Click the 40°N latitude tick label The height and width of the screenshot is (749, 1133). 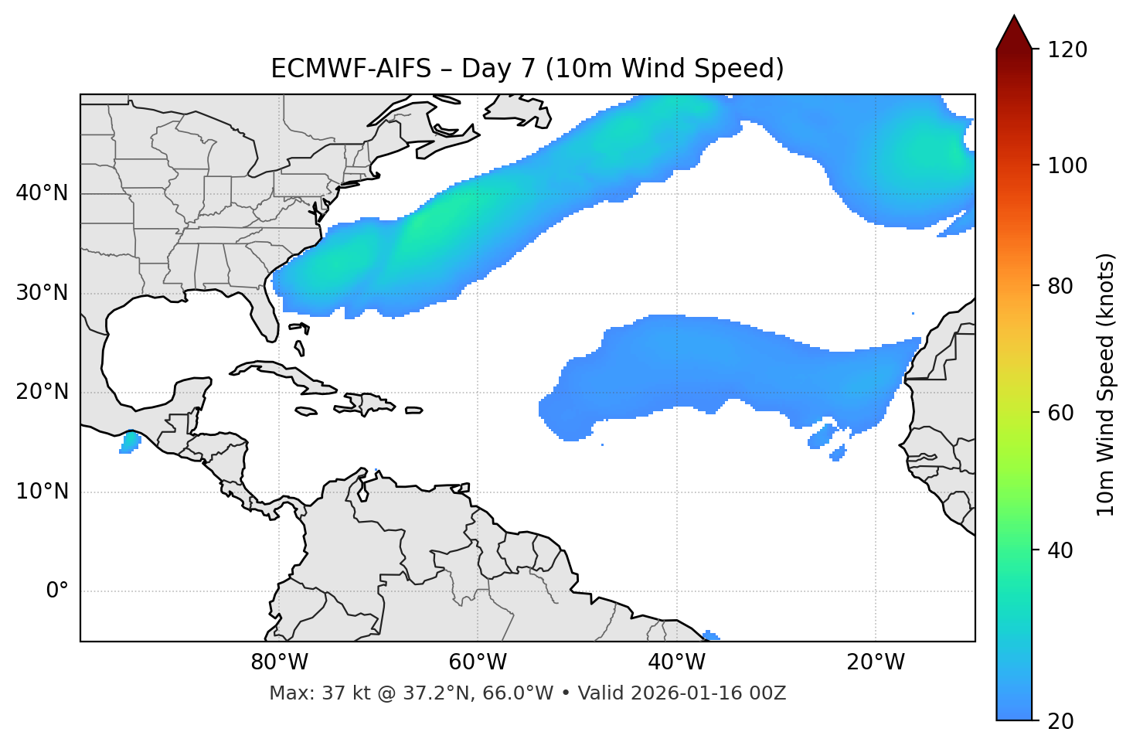(x=42, y=193)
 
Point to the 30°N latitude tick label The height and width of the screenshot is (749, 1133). (x=42, y=293)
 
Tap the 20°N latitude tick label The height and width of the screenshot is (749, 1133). (x=42, y=392)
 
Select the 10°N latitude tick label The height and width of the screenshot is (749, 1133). (x=42, y=492)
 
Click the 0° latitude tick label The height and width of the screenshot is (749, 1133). (x=57, y=591)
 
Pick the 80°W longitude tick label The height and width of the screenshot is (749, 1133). (x=279, y=662)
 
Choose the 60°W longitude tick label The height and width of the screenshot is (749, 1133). (x=478, y=662)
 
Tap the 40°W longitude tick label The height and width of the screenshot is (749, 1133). (x=676, y=662)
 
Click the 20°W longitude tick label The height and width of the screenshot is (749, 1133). (x=875, y=662)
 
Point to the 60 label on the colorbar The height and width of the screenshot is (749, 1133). (x=1060, y=413)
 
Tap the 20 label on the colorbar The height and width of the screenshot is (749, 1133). (x=1060, y=721)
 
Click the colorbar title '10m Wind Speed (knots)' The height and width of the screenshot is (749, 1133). (x=1106, y=384)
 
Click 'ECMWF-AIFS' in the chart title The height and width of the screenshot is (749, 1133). (x=351, y=69)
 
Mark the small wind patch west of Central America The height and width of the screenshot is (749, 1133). (x=131, y=443)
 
